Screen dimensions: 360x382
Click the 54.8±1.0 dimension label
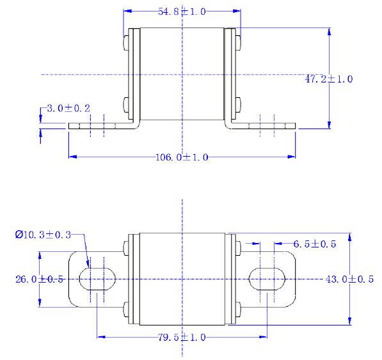coord(182,12)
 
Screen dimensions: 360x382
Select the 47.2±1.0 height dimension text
coord(329,79)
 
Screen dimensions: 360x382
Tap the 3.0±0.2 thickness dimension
coord(68,109)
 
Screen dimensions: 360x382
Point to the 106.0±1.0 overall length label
coord(182,157)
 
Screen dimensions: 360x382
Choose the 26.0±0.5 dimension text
coord(39,279)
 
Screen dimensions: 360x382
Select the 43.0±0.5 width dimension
coord(349,279)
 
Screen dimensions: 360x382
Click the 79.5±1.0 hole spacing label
coord(182,336)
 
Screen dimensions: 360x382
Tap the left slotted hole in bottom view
coord(97,279)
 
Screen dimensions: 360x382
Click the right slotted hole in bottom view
coord(267,279)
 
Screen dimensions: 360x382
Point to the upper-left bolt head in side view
coord(125,43)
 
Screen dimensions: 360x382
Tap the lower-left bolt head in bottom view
coord(124,313)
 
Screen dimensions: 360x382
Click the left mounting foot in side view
coord(96,127)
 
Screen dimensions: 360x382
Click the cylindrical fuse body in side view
coord(182,74)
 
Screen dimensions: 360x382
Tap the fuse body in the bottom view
coord(182,279)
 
